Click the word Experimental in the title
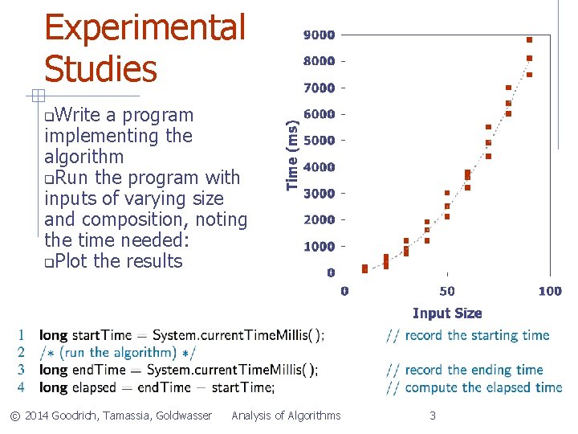tap(144, 28)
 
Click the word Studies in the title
tap(100, 68)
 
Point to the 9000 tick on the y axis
tap(320, 35)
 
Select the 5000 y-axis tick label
tap(320, 141)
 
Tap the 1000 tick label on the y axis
tap(320, 247)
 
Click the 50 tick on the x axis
tap(447, 291)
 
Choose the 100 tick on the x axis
tap(550, 291)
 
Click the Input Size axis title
tap(447, 313)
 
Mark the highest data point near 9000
tap(530, 39)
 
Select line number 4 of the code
tap(21, 387)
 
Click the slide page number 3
tap(433, 416)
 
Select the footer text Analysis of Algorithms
tap(286, 416)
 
